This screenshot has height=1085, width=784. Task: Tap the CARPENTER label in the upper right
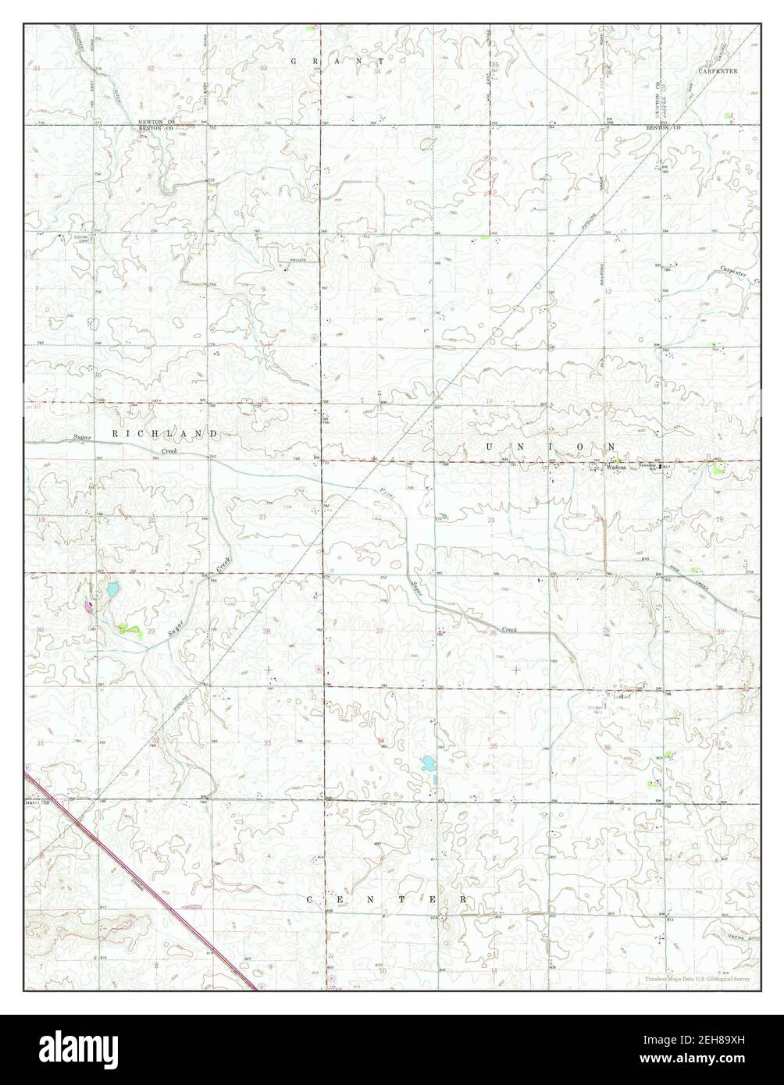pos(718,70)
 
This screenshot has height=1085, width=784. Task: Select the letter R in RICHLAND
pos(115,433)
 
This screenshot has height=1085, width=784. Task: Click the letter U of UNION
pos(490,446)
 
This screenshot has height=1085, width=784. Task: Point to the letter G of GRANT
pos(294,61)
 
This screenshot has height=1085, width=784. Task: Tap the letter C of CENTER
pos(309,899)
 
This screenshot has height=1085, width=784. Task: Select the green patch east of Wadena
pos(718,468)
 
